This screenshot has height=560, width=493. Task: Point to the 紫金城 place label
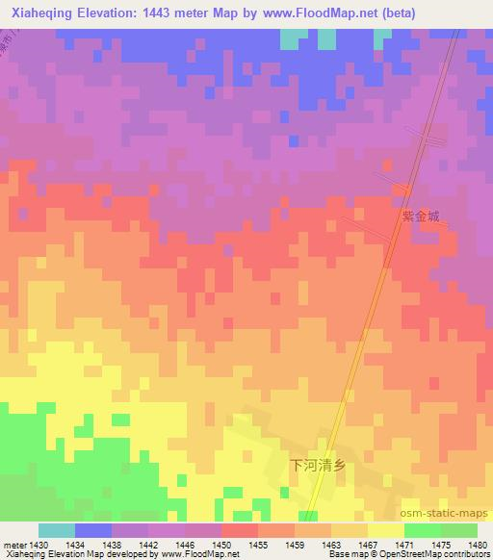(x=421, y=216)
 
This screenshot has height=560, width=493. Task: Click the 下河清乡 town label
(x=318, y=464)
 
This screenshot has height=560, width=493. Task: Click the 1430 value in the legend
(x=39, y=545)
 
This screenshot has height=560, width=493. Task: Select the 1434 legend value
(x=75, y=545)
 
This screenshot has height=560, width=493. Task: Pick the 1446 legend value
(x=185, y=545)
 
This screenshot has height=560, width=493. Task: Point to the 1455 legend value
(x=258, y=545)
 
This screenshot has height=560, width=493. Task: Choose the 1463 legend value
(x=331, y=545)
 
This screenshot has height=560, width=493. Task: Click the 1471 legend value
(x=404, y=545)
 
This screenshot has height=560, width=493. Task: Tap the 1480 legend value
(x=476, y=545)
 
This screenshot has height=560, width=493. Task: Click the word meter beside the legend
(x=14, y=545)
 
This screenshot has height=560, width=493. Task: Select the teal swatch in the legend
(x=57, y=530)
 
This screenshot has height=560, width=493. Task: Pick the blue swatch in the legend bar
(x=93, y=530)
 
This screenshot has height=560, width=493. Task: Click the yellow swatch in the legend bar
(x=386, y=530)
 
